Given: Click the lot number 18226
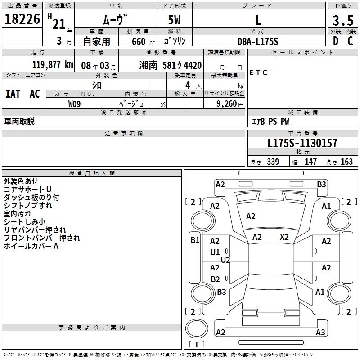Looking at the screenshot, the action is tap(22, 19).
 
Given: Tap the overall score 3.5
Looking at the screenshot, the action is tap(342, 21).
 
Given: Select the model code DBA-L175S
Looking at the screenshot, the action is tap(258, 41).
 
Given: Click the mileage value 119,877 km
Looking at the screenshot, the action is tap(53, 65).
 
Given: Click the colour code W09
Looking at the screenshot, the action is tap(75, 103).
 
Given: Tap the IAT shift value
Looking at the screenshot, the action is tap(13, 94).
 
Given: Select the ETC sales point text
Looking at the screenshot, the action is tap(258, 72).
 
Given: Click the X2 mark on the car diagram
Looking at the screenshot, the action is tap(284, 237).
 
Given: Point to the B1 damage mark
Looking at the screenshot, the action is tap(194, 240).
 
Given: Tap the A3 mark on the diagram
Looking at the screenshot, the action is tap(320, 333).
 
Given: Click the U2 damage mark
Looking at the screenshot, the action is tap(225, 260).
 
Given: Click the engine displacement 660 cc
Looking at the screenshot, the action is tap(138, 41).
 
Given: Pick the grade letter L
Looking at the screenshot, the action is tap(258, 20).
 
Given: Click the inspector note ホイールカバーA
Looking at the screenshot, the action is tap(31, 246).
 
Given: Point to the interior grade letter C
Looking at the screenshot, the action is tap(350, 41).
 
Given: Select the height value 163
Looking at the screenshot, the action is tap(346, 162).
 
